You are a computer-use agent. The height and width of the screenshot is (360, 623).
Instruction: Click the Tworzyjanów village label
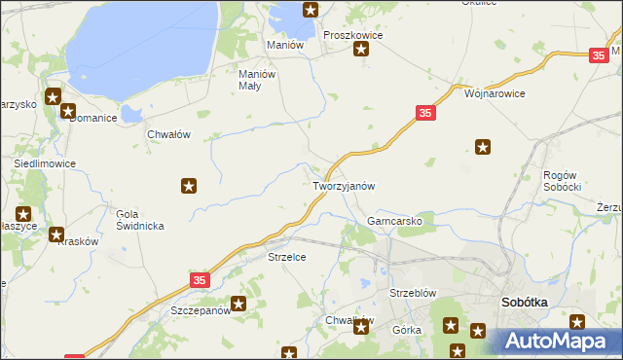point(343,185)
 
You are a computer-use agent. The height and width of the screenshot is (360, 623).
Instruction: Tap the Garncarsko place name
point(393,221)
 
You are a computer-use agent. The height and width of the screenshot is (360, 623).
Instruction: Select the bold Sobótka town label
point(524,303)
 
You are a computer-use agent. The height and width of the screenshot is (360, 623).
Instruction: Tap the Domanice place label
point(92,118)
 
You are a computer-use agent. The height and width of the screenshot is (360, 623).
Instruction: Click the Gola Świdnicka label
point(139,220)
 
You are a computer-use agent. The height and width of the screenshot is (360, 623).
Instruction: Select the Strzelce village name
point(287,257)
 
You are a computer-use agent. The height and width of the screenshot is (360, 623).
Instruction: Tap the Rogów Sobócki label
point(562,180)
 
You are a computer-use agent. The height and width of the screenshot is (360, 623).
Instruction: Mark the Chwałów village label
point(167,135)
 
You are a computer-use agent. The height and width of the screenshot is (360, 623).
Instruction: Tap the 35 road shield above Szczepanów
point(200,280)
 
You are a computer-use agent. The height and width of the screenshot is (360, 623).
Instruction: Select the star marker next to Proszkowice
point(362,52)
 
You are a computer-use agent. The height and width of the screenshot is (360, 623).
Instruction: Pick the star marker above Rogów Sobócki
point(483,148)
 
